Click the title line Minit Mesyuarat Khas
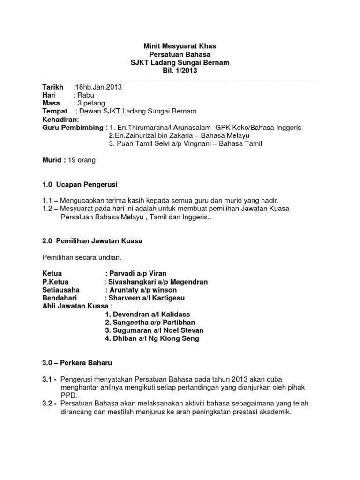pos(180,46)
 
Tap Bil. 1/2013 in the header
pos(180,71)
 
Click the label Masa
pos(51,103)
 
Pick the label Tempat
pos(55,111)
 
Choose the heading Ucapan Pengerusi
pos(89,184)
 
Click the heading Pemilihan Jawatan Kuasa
pos(99,241)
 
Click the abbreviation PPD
pos(69,395)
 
